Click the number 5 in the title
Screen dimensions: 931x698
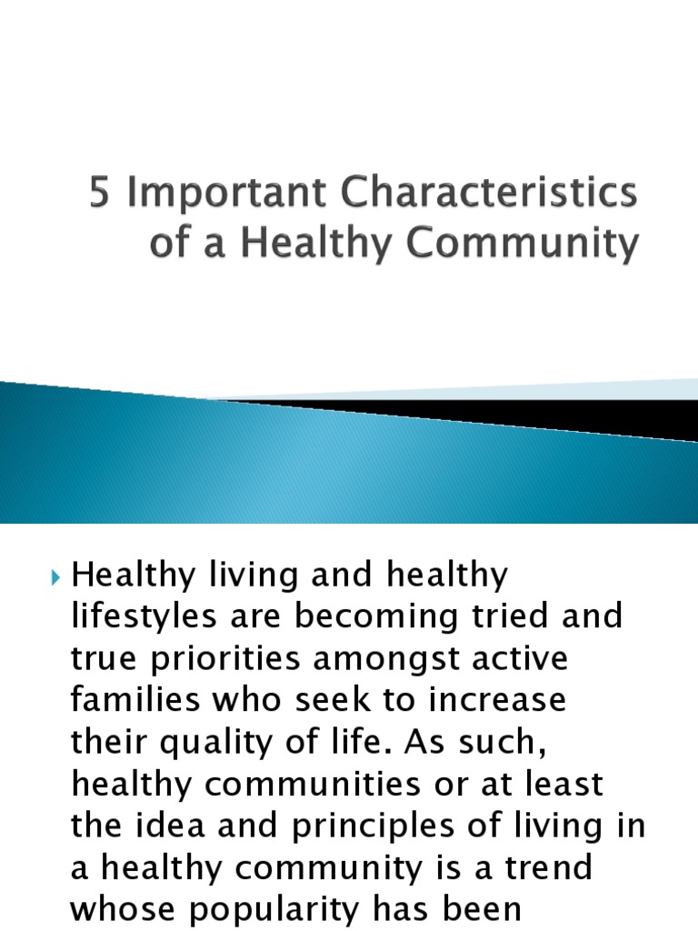tap(99, 196)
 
